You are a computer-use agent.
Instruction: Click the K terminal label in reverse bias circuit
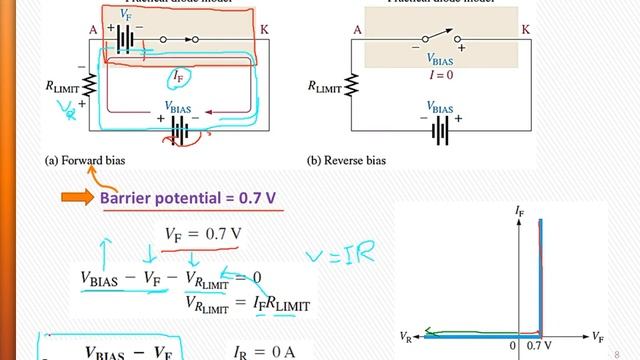tap(526, 30)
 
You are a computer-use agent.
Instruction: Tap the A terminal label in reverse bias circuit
tap(357, 30)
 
